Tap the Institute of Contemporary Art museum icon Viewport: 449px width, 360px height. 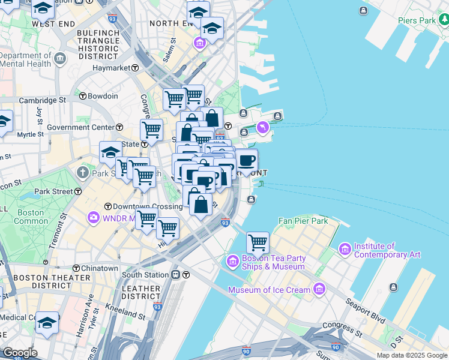coord(345,248)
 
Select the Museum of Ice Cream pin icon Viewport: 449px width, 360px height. coord(319,290)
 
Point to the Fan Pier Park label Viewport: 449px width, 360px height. coord(303,221)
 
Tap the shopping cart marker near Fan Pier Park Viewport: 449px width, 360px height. coord(258,242)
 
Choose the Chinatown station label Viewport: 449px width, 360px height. coord(100,268)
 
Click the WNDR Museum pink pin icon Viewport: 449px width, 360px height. coord(94,217)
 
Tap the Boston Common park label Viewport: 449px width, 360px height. coord(31,217)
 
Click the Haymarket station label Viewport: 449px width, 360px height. coord(112,68)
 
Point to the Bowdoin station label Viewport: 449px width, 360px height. coord(103,95)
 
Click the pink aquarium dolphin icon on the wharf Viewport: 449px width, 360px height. coord(263,128)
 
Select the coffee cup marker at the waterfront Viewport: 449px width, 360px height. coord(246,161)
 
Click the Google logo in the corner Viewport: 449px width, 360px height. coord(20,353)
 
